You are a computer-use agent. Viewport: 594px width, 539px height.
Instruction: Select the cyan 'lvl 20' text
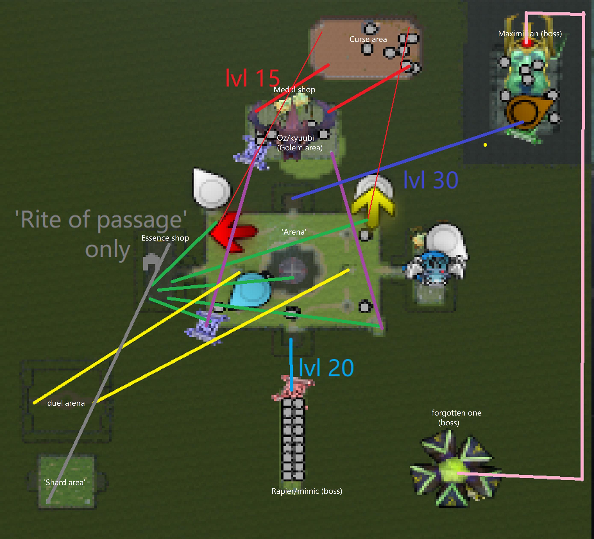tap(326, 368)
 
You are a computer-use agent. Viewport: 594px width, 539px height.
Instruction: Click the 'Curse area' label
tap(368, 39)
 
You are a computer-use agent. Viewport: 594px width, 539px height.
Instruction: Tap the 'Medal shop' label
tap(294, 90)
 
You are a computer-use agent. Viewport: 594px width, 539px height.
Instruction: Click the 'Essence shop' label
tap(165, 238)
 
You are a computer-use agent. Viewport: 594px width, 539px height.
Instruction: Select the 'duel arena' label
tap(66, 403)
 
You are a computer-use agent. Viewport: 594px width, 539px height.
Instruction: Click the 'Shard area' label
tap(65, 482)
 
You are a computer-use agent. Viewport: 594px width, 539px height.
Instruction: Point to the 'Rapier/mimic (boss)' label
tap(307, 491)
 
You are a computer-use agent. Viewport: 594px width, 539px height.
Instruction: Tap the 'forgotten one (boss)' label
tap(456, 418)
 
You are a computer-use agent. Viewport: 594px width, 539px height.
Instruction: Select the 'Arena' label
tap(294, 232)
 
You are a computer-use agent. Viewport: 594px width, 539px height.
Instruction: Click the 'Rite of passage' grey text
tap(101, 233)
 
